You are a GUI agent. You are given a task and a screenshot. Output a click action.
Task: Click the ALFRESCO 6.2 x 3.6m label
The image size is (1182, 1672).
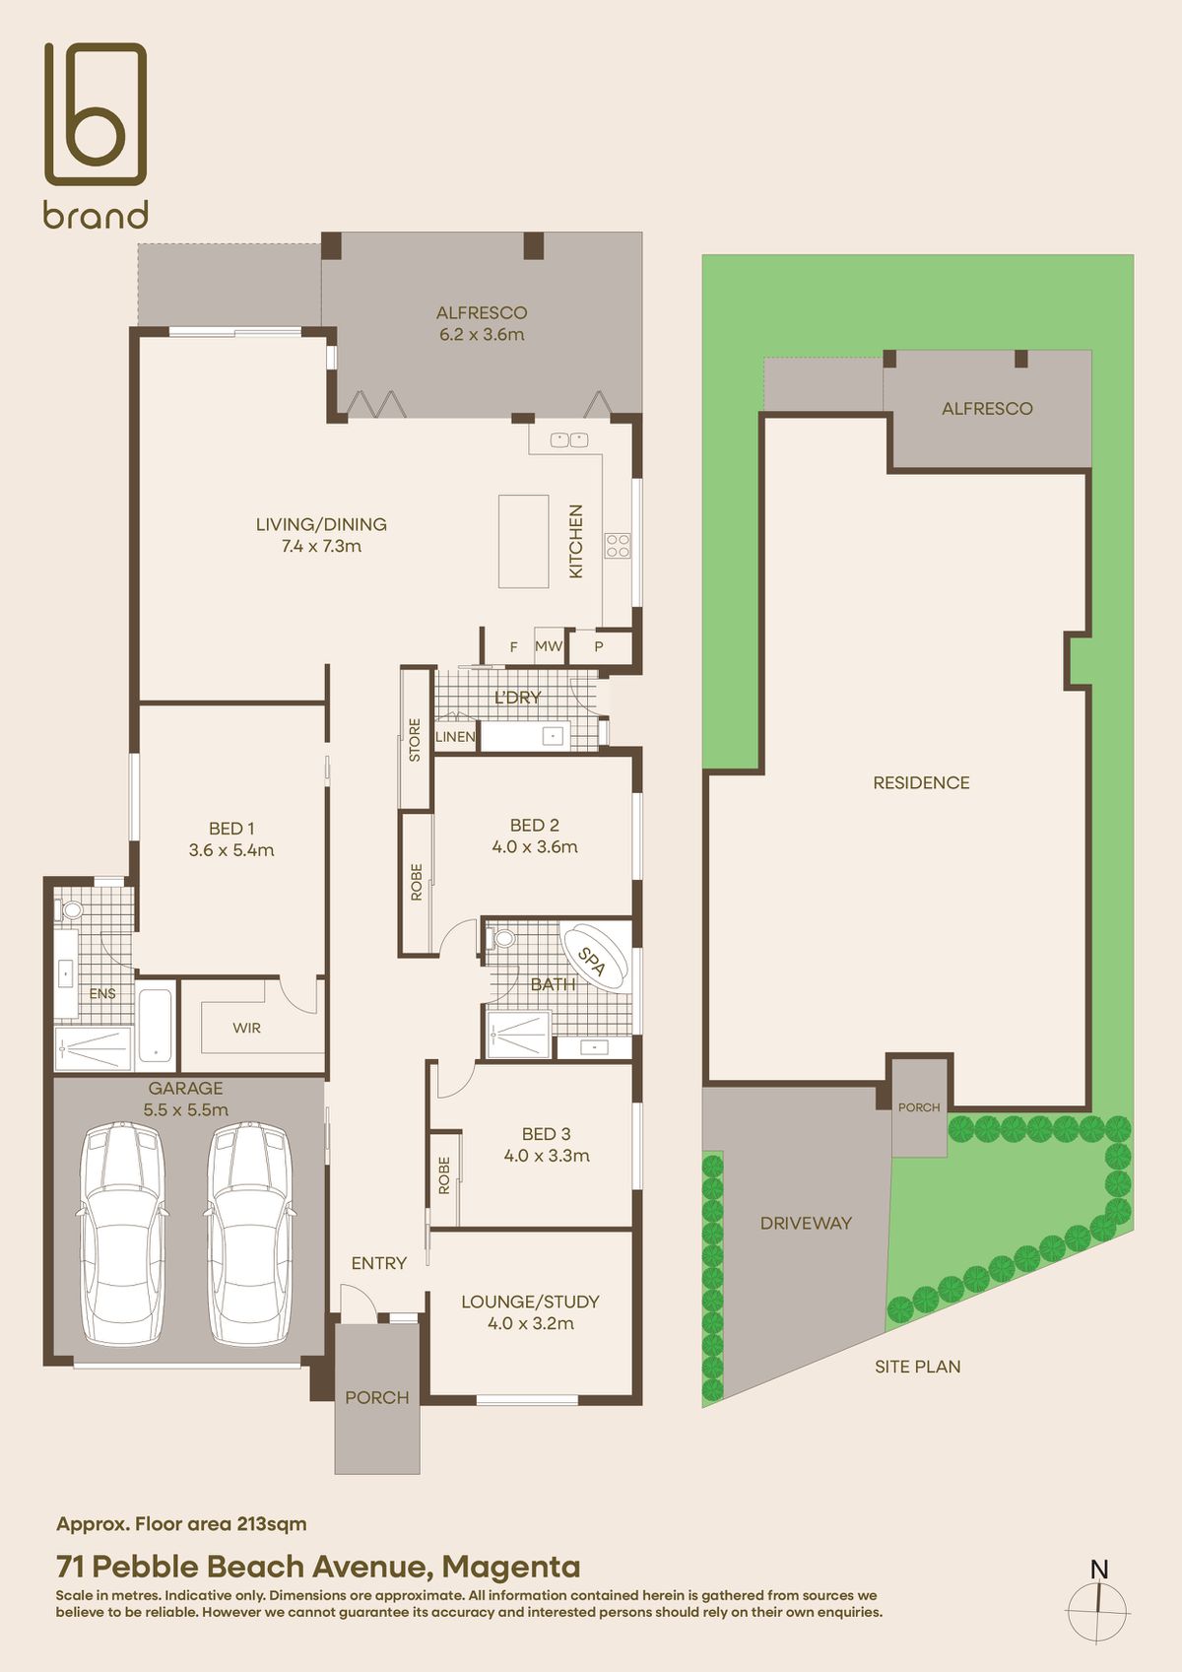click(482, 323)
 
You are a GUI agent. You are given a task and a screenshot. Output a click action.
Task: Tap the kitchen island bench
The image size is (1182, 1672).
click(523, 541)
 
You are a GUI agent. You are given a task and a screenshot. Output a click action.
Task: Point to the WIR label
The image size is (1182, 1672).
click(246, 1028)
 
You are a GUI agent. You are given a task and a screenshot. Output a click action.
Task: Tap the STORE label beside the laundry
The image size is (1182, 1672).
click(415, 739)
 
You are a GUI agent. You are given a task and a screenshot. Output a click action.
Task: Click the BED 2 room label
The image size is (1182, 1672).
click(535, 836)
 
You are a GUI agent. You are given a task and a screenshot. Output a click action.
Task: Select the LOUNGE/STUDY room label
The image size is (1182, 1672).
click(530, 1312)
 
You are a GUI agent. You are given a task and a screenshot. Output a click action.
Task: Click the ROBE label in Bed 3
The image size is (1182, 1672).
click(444, 1175)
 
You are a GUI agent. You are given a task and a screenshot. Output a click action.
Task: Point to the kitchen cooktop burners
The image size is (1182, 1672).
click(618, 545)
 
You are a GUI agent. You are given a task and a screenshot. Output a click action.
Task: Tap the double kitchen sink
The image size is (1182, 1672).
click(569, 439)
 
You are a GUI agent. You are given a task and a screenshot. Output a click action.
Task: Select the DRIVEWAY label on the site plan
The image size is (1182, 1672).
click(806, 1223)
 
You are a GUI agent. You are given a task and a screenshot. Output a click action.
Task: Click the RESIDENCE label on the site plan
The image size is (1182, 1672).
click(921, 782)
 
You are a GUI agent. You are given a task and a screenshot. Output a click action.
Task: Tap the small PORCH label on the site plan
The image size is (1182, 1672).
click(919, 1107)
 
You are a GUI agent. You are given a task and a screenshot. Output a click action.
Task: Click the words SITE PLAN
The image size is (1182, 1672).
click(917, 1367)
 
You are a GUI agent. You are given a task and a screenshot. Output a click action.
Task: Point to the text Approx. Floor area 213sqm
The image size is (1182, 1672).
click(181, 1523)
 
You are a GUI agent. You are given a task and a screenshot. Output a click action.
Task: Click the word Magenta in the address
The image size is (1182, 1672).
click(511, 1566)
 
